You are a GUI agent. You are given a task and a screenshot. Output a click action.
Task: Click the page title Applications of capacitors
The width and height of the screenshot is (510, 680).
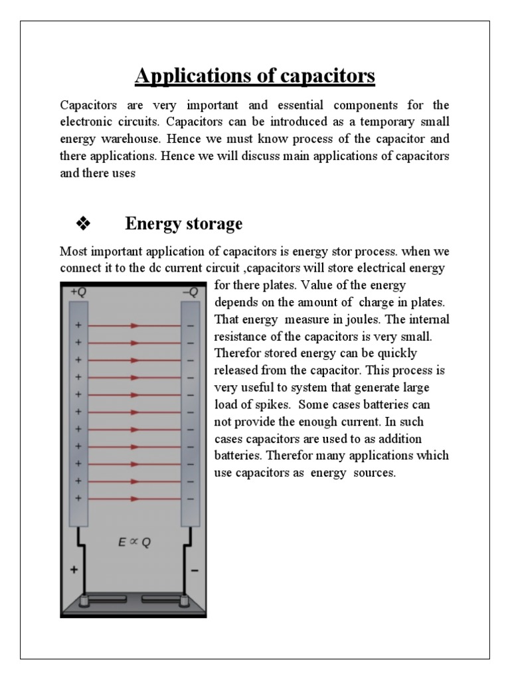(255, 76)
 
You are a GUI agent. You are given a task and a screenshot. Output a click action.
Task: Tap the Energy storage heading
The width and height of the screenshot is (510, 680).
(184, 224)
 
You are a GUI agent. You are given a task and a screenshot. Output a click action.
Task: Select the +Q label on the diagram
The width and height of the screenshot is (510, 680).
(78, 291)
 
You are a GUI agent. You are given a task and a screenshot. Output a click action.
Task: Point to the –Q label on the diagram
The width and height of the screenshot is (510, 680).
(191, 291)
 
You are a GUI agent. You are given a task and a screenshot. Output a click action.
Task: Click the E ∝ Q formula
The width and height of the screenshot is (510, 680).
(134, 541)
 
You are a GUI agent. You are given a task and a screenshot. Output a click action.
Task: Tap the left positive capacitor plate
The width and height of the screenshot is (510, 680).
(79, 412)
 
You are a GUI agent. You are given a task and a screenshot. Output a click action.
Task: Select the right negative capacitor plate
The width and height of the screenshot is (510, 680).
(191, 412)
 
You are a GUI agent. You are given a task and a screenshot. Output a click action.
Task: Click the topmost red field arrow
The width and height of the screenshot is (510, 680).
(135, 325)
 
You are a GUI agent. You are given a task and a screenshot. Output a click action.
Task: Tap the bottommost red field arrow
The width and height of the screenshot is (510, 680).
(135, 498)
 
